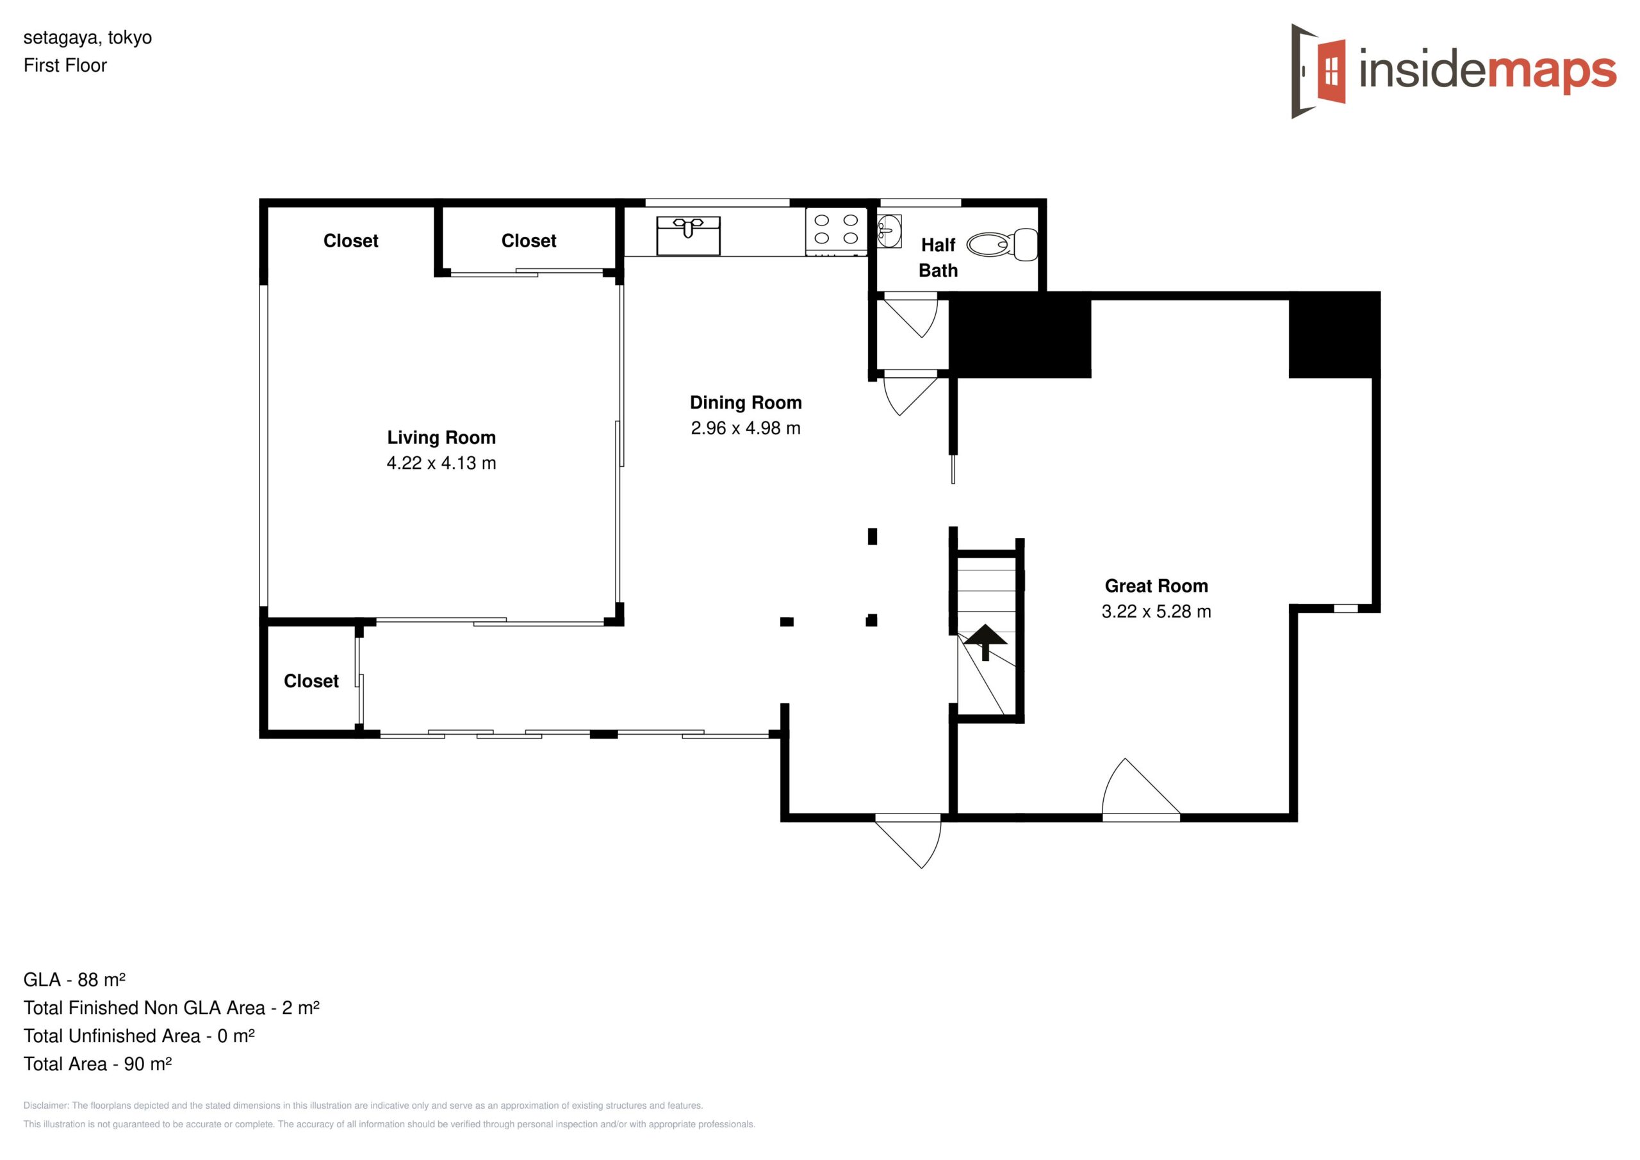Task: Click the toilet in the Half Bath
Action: coord(1002,245)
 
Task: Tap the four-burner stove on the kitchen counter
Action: coord(836,231)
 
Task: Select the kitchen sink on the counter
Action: coord(689,235)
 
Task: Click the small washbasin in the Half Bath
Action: coord(889,231)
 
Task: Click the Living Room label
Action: coord(441,437)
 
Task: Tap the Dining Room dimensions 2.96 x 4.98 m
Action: coord(746,428)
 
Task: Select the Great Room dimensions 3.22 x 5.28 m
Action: coord(1156,612)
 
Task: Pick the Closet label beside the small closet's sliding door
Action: coord(311,681)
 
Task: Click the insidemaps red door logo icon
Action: coord(1318,72)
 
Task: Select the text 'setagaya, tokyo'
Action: coord(88,37)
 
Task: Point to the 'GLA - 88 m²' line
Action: coord(74,979)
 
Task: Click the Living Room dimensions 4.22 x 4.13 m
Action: coord(441,463)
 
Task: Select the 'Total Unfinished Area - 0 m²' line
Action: coord(139,1036)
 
